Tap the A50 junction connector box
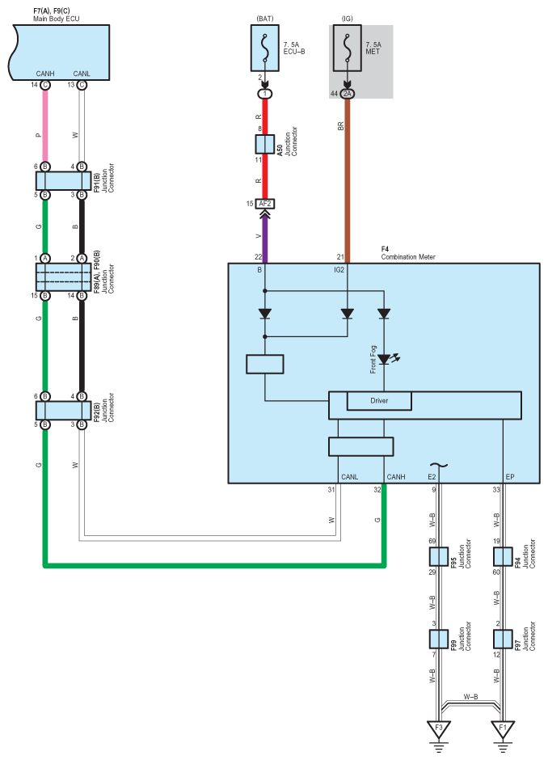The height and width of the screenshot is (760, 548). click(263, 145)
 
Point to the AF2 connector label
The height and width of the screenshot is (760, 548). click(263, 204)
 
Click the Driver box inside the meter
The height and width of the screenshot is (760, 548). click(379, 401)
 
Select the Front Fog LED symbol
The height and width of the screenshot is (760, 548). click(384, 358)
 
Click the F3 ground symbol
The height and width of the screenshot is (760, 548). click(439, 730)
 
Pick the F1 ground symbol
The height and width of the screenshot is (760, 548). click(503, 730)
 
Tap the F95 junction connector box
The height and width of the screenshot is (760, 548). click(439, 556)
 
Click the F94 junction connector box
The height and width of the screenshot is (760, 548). click(503, 556)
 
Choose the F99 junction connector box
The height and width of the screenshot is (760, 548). click(439, 639)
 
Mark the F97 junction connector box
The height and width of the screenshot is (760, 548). click(503, 639)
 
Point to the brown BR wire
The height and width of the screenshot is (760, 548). click(348, 178)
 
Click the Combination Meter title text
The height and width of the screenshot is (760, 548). click(408, 256)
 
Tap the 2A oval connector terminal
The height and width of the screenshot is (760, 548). click(348, 95)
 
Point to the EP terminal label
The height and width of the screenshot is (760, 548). click(509, 477)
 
